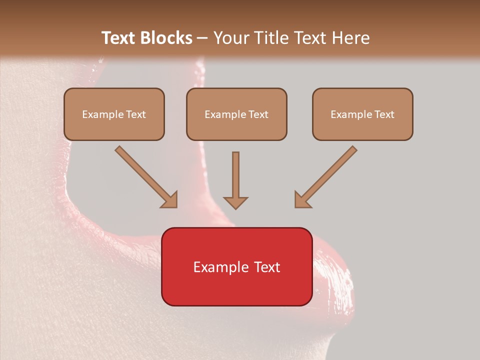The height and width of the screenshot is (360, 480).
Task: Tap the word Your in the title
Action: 231,38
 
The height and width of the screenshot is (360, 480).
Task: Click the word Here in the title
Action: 352,38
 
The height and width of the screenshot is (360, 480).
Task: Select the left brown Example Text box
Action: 114,114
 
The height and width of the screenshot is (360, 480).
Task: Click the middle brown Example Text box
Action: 236,114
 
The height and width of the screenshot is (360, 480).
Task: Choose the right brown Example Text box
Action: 362,114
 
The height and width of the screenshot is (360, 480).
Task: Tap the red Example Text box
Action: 236,266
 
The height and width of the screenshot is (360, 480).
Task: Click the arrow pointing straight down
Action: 235,180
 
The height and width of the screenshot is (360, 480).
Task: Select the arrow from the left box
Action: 145,176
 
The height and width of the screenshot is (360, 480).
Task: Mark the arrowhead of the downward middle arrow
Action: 235,202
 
